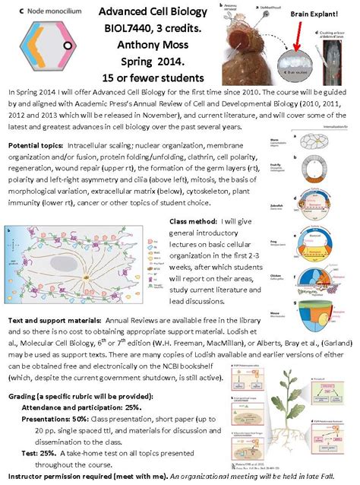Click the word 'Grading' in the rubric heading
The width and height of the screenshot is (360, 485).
click(x=24, y=396)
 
